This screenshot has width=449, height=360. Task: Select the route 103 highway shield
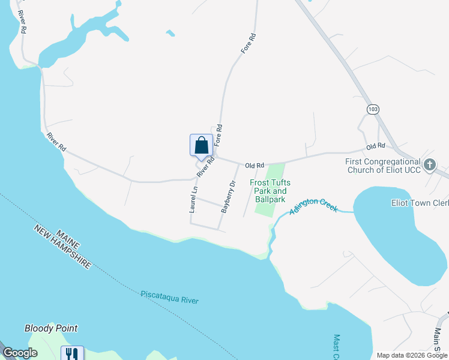373,109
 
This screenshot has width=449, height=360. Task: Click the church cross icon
430,164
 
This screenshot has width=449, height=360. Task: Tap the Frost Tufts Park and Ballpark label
267,191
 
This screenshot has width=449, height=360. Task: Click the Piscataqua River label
169,297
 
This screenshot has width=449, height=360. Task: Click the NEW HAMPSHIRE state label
62,247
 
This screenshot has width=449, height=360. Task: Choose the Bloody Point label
51,328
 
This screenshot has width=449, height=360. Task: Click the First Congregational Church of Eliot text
383,166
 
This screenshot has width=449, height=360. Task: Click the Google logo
20,353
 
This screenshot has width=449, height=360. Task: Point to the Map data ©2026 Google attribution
412,355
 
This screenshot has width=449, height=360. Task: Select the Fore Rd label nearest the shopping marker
218,136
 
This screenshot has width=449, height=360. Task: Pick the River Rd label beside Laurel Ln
205,167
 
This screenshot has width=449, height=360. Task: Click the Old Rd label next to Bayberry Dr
255,165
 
